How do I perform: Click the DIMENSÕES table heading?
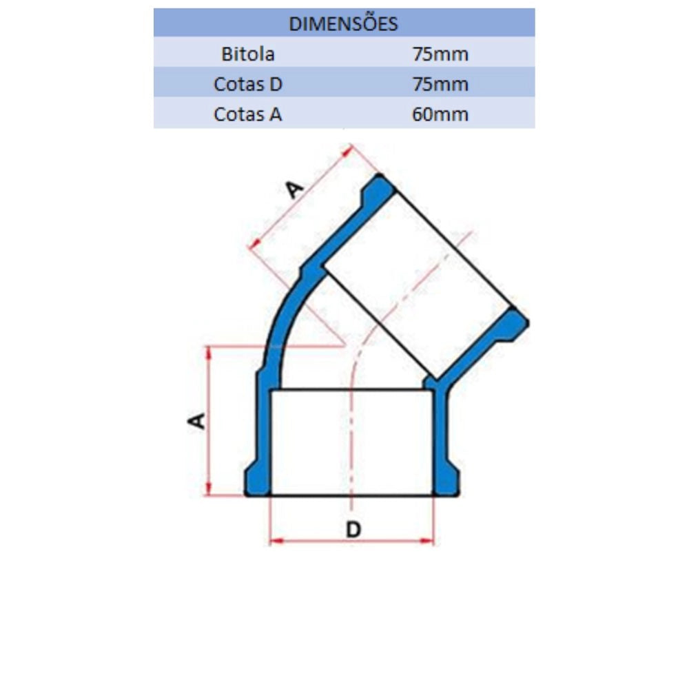[x=343, y=23]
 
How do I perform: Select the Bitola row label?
[x=248, y=54]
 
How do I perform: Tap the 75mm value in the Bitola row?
[x=440, y=54]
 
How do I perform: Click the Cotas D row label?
[x=247, y=84]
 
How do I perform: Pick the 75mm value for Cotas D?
[x=440, y=84]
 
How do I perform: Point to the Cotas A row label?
[x=247, y=114]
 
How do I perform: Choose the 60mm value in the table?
[x=440, y=114]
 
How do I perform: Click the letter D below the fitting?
[x=353, y=529]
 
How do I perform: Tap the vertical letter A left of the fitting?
[x=196, y=420]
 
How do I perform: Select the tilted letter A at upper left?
[x=294, y=189]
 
